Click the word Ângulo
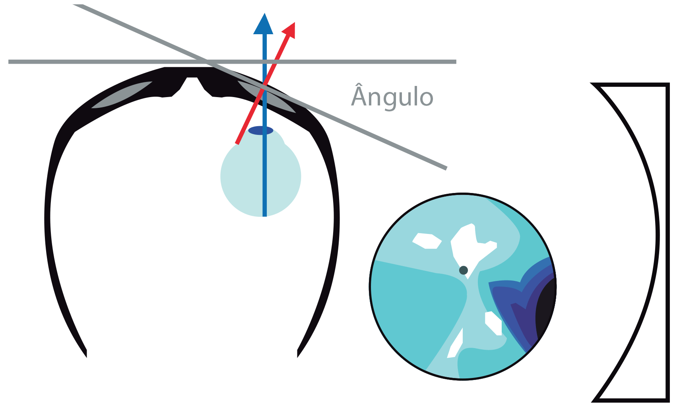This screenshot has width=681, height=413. (x=392, y=97)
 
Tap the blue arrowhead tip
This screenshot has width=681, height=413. (x=264, y=15)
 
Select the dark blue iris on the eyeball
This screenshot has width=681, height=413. (x=261, y=131)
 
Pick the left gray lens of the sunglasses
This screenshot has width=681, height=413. (x=122, y=95)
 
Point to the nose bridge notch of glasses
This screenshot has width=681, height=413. (x=192, y=79)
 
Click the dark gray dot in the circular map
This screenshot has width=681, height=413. (x=463, y=270)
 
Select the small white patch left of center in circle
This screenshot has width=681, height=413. (x=427, y=241)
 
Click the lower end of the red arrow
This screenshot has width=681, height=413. (x=237, y=143)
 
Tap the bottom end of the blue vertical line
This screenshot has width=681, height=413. (x=264, y=216)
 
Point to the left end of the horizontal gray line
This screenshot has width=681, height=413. (x=10, y=62)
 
